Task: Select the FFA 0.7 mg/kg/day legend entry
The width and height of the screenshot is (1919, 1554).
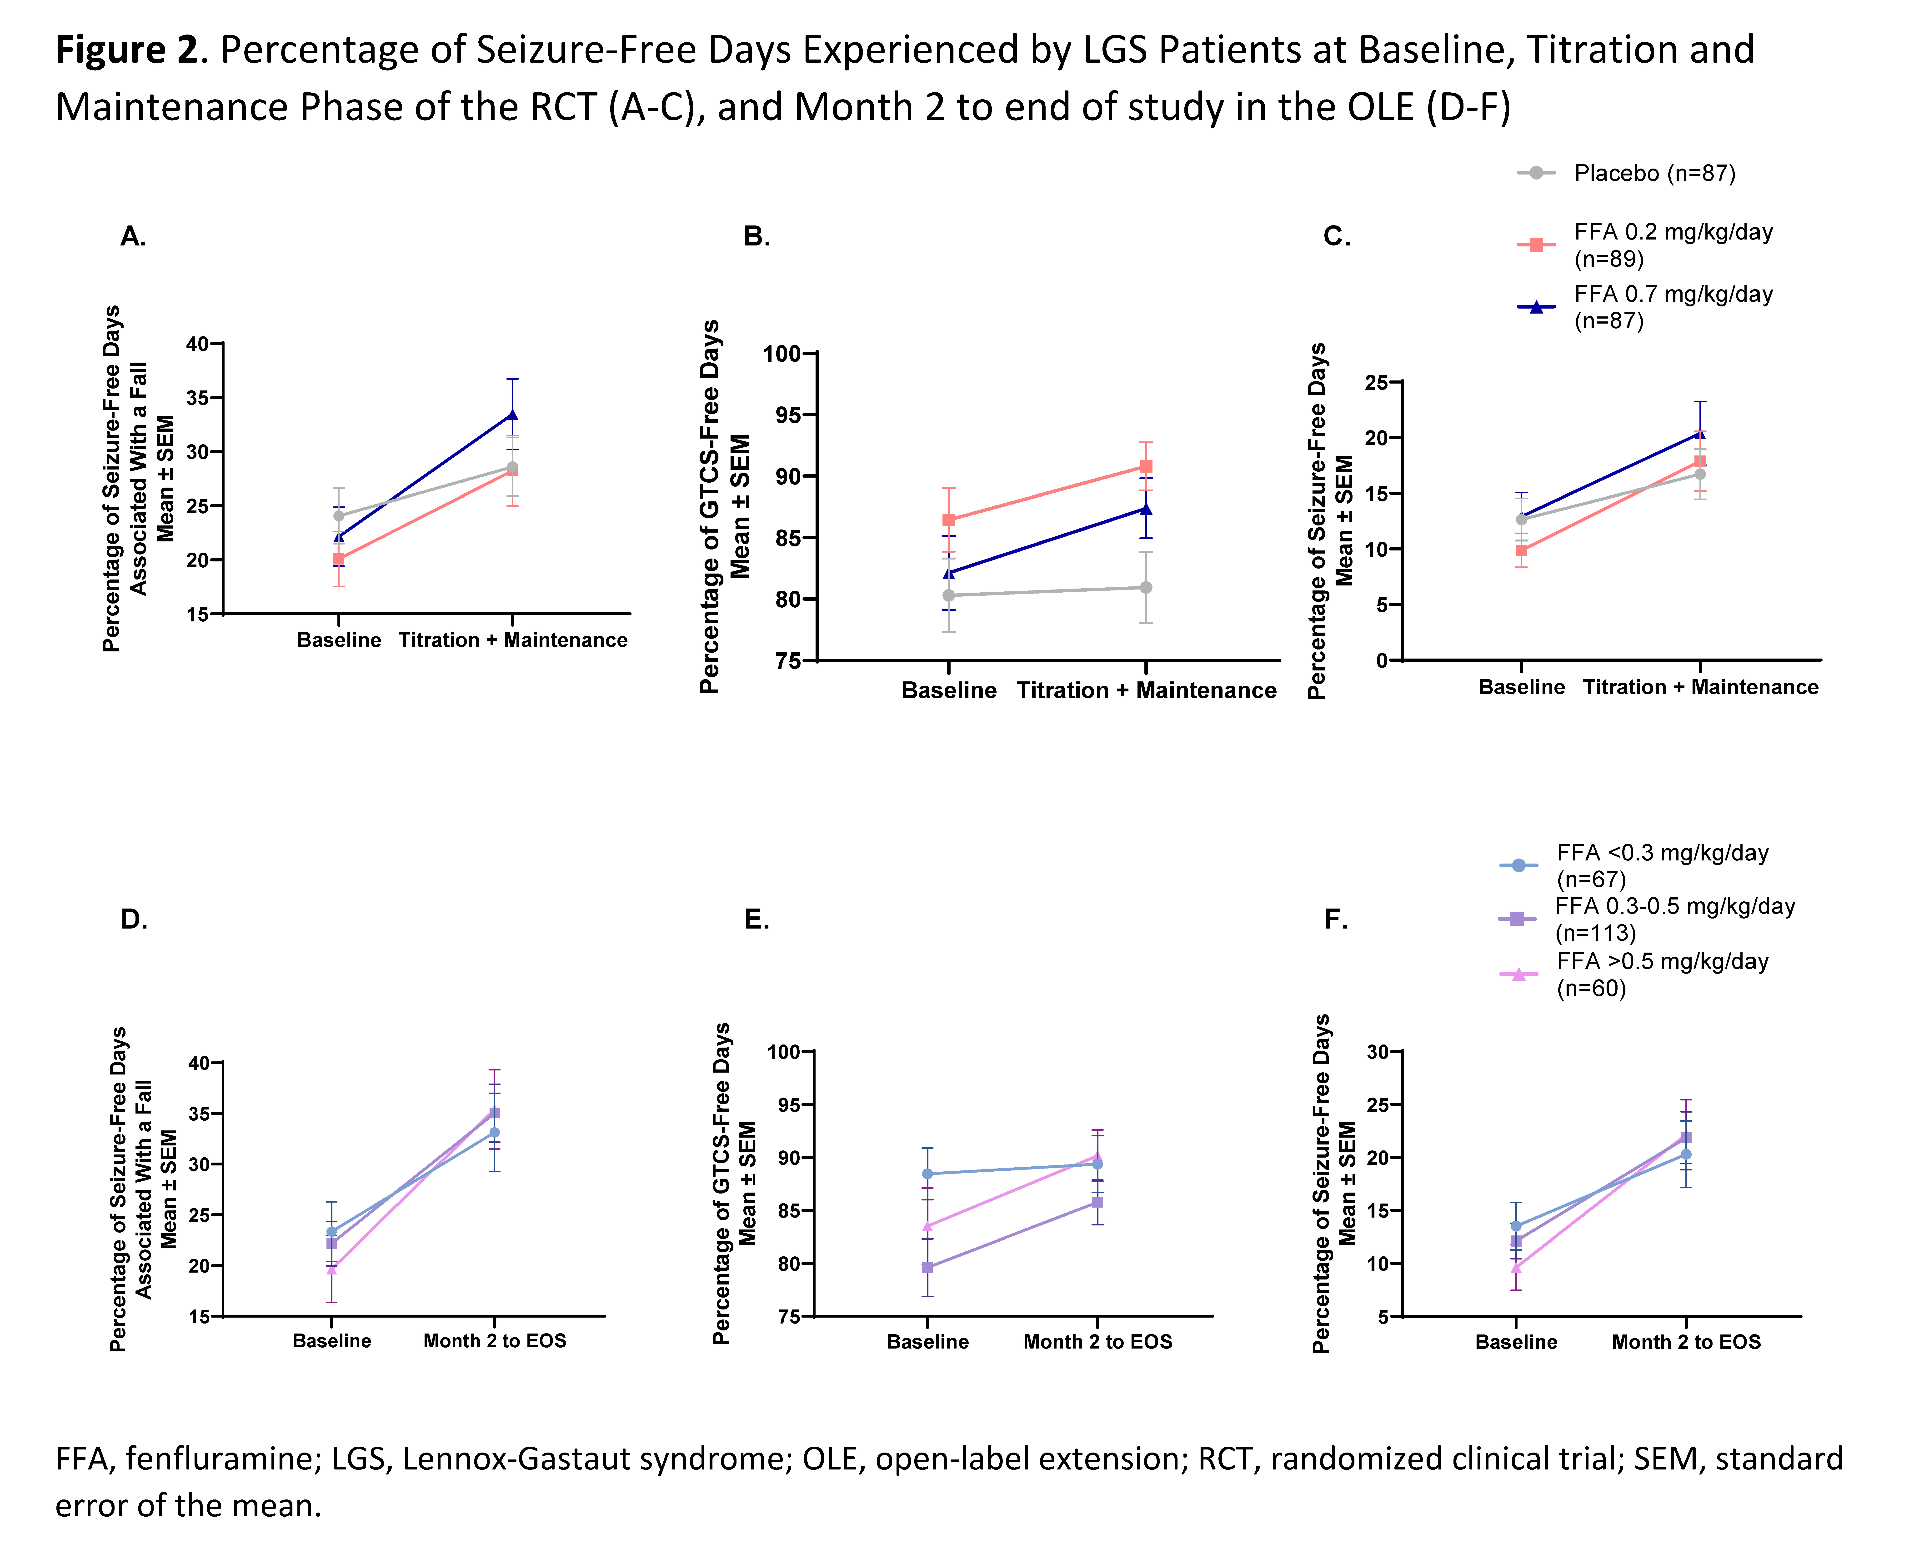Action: tap(1645, 307)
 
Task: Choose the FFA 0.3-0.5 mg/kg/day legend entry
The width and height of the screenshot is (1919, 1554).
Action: tap(1647, 919)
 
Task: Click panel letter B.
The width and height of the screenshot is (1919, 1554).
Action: tap(756, 236)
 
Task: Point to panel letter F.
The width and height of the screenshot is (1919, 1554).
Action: tap(1335, 919)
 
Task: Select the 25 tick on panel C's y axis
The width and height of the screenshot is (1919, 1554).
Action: tap(1377, 383)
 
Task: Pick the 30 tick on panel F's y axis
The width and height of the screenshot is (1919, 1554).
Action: tap(1378, 1052)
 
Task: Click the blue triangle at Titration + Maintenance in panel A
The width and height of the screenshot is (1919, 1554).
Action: tap(512, 415)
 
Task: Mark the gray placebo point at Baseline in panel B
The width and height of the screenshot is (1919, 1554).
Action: tap(949, 595)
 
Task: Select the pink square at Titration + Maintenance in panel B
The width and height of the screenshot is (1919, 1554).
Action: tap(1146, 466)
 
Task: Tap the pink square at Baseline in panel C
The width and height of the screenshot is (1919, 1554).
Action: tap(1522, 550)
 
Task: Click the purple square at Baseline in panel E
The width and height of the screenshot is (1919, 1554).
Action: tap(927, 1268)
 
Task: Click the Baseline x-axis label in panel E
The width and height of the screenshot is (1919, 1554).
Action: tap(927, 1342)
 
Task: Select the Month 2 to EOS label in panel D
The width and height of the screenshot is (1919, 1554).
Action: tap(495, 1341)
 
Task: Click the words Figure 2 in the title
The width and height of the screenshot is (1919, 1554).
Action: tap(126, 50)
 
